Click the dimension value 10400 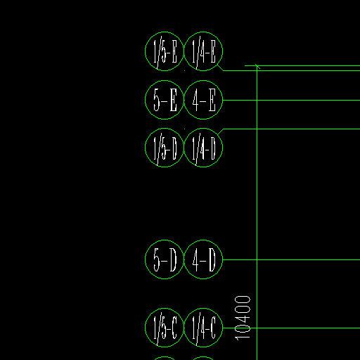tap(243, 318)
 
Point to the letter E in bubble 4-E tap(212, 101)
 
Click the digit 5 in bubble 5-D tap(157, 260)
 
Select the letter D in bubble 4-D tap(212, 259)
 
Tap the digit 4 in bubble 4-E tap(195, 101)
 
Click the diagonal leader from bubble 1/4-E tap(220, 68)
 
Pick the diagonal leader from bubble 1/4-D tap(220, 131)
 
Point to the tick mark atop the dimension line tap(257, 67)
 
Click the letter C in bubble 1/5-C tap(174, 328)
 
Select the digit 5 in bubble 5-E tap(157, 101)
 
